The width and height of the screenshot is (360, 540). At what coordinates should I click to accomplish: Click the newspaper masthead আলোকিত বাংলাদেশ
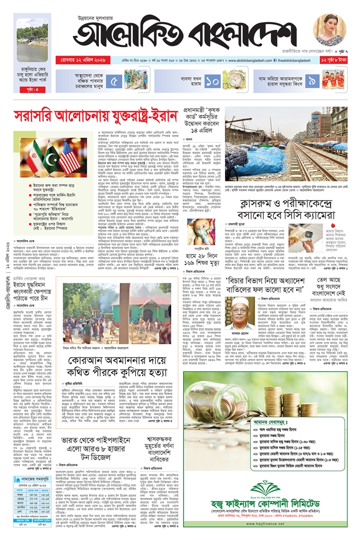(185, 34)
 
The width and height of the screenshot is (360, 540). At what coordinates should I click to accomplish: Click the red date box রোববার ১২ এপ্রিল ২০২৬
(102, 60)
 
